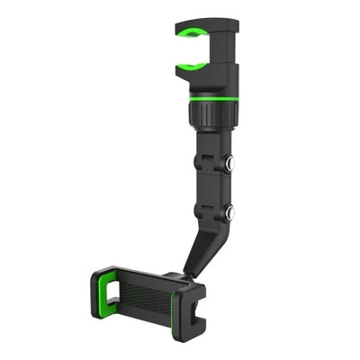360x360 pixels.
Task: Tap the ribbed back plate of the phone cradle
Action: [x=144, y=297]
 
